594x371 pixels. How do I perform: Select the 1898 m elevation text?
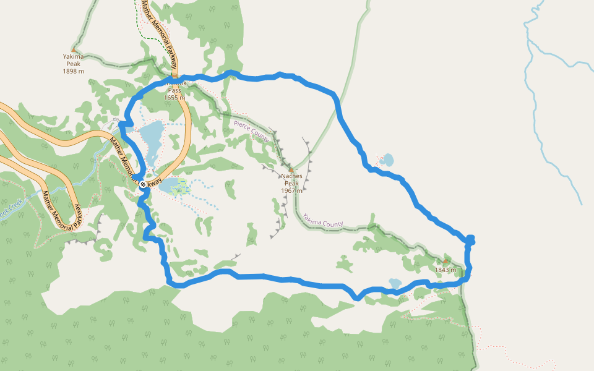(x=73, y=71)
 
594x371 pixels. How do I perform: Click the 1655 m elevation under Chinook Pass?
(x=174, y=98)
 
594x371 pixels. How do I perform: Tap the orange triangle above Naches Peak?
(x=291, y=169)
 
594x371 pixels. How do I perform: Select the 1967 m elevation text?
(x=291, y=190)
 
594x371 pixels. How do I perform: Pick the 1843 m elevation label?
(x=445, y=270)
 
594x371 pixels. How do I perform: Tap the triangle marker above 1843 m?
(x=445, y=261)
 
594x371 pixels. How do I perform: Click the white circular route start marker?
(x=143, y=184)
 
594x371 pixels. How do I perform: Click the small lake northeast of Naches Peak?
(x=387, y=160)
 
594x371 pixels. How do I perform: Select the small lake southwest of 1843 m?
(x=395, y=283)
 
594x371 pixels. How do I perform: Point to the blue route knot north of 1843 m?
(x=470, y=239)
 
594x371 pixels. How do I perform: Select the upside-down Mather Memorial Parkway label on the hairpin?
(x=61, y=207)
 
